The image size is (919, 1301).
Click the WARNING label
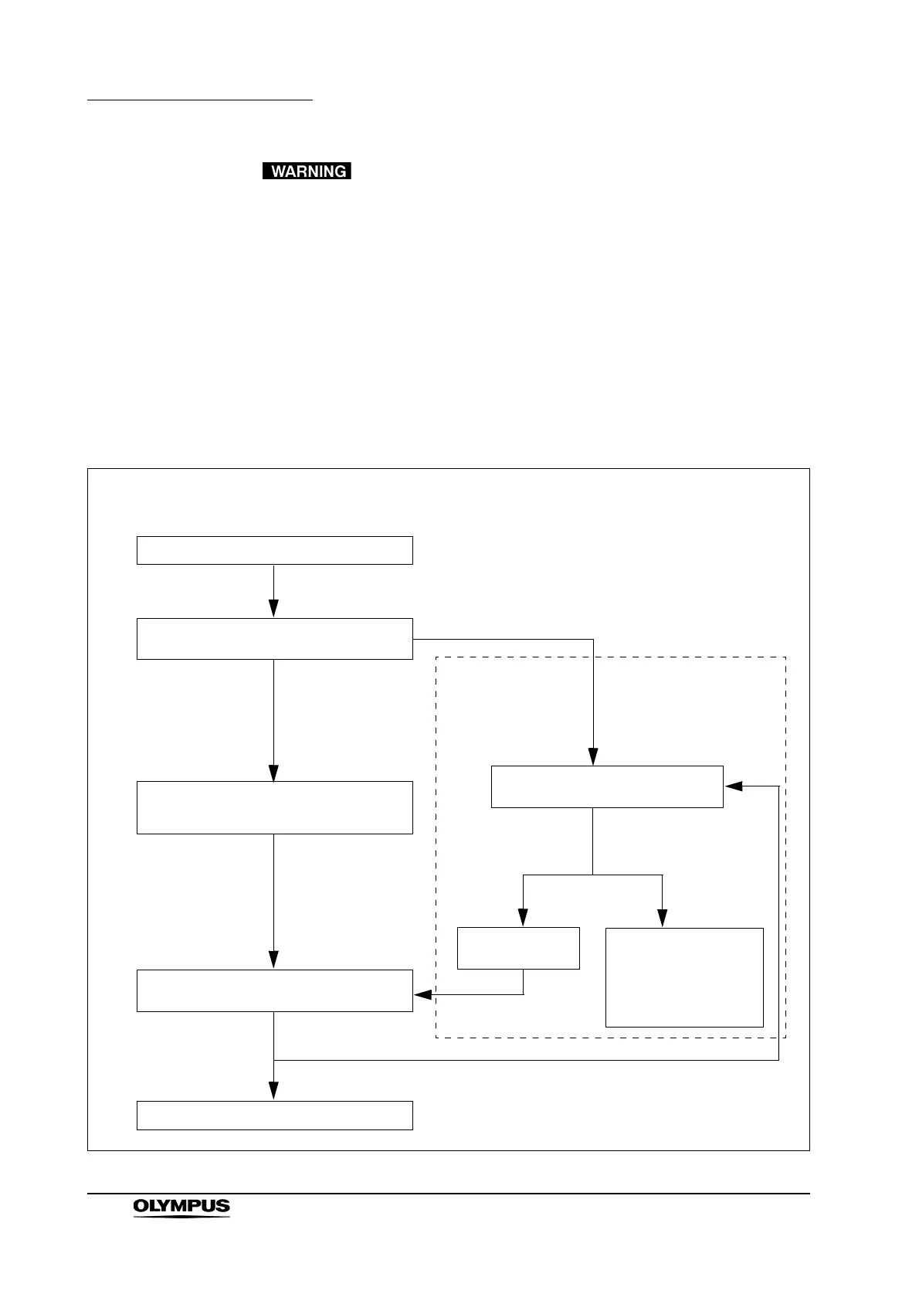click(307, 171)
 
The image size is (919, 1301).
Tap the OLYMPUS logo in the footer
click(181, 1208)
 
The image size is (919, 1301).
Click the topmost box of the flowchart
click(274, 550)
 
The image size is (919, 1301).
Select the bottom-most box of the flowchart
click(274, 1115)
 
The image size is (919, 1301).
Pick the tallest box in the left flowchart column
click(274, 807)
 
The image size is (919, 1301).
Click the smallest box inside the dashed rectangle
click(518, 948)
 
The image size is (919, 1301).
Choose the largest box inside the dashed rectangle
click(684, 977)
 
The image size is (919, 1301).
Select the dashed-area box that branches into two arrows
click(607, 786)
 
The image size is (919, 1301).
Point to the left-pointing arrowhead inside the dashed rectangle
click(734, 786)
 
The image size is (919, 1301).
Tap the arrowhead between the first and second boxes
click(273, 609)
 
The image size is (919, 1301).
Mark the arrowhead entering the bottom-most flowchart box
click(273, 1090)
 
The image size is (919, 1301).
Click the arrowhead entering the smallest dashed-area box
click(523, 917)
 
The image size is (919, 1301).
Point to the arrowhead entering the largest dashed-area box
click(663, 917)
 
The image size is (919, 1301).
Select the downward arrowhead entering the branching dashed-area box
click(593, 756)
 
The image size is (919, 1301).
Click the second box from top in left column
click(274, 638)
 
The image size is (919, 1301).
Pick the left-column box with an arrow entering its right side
click(274, 990)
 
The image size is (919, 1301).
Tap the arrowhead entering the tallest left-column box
click(273, 773)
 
